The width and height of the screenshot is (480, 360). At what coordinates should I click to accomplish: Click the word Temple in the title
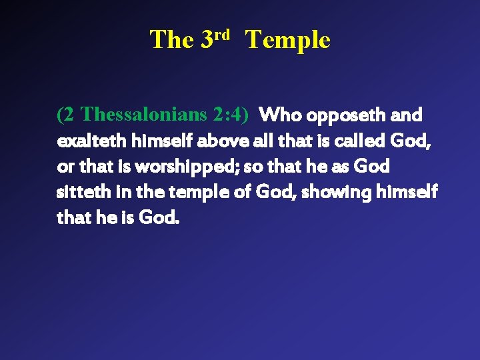click(x=287, y=41)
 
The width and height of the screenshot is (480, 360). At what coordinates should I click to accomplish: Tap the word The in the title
click(x=171, y=41)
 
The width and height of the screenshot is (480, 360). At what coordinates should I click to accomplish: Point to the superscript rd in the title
click(x=222, y=34)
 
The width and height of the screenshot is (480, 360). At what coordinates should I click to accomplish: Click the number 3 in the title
click(x=207, y=41)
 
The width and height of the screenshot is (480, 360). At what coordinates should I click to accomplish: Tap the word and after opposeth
click(x=406, y=115)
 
